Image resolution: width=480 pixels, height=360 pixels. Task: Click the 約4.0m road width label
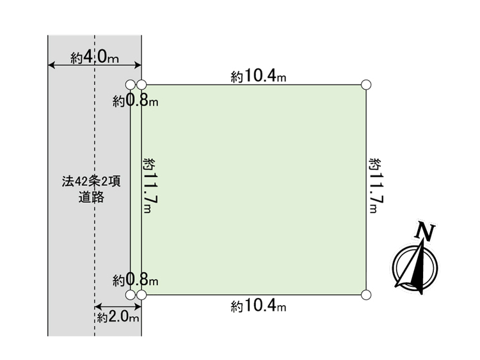tap(95, 57)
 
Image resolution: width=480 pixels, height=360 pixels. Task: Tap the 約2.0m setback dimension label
tap(118, 317)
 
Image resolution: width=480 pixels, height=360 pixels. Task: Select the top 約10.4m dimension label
tap(259, 76)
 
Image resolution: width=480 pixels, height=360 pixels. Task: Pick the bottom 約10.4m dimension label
tap(259, 306)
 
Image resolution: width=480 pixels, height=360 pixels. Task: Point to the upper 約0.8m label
tap(135, 100)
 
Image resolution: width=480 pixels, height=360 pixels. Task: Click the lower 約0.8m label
tap(135, 279)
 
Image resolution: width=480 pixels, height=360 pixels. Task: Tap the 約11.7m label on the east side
tap(377, 185)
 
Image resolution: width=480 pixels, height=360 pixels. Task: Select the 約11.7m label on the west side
tap(150, 185)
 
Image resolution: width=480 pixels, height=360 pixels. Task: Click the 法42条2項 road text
tap(92, 182)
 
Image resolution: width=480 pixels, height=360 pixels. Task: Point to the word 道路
tap(92, 197)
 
